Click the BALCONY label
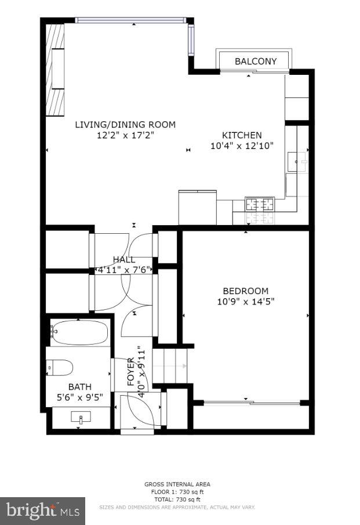click(255, 61)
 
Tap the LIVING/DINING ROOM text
click(125, 125)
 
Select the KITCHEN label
click(242, 135)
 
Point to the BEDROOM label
click(245, 291)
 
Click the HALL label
click(124, 260)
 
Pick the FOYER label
click(131, 372)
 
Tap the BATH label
click(80, 387)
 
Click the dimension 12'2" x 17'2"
click(125, 135)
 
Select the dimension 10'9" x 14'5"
click(245, 301)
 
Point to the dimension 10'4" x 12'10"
click(242, 146)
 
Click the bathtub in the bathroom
click(79, 332)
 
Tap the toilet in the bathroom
click(60, 367)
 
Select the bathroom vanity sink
click(81, 418)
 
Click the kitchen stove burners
click(259, 204)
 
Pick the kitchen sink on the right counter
click(297, 160)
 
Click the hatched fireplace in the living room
click(55, 69)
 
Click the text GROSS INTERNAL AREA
click(177, 484)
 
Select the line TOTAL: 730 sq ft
click(177, 499)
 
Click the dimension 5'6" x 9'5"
click(80, 397)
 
